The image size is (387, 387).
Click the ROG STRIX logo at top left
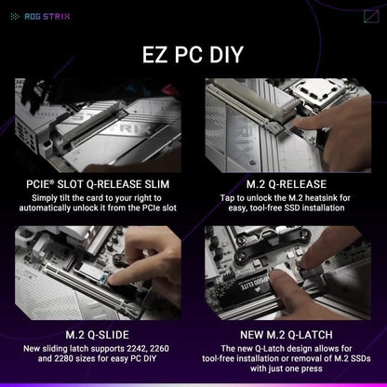[x=26, y=15]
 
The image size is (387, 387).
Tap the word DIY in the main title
[x=221, y=54]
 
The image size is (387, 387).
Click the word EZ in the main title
[x=157, y=54]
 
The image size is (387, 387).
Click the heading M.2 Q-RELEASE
[x=288, y=185]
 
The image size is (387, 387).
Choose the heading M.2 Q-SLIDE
[x=98, y=334]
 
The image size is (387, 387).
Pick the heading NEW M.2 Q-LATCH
[x=288, y=334]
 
